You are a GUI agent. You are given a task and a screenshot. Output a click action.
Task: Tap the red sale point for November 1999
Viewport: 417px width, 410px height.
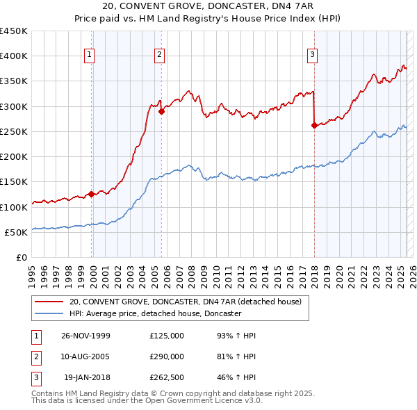(91, 195)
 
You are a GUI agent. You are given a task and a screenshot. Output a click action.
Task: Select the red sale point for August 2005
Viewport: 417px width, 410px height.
(161, 110)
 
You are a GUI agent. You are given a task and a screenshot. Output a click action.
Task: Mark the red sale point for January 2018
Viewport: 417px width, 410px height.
(314, 125)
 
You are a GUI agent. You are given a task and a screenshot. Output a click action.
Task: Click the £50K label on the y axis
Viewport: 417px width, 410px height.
(17, 233)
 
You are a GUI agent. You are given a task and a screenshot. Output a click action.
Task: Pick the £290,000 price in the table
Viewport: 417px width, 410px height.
(167, 356)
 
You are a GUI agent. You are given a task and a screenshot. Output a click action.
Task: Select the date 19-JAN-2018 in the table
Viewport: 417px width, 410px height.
(87, 377)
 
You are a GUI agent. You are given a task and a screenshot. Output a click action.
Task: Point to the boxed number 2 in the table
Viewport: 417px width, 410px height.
(35, 356)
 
